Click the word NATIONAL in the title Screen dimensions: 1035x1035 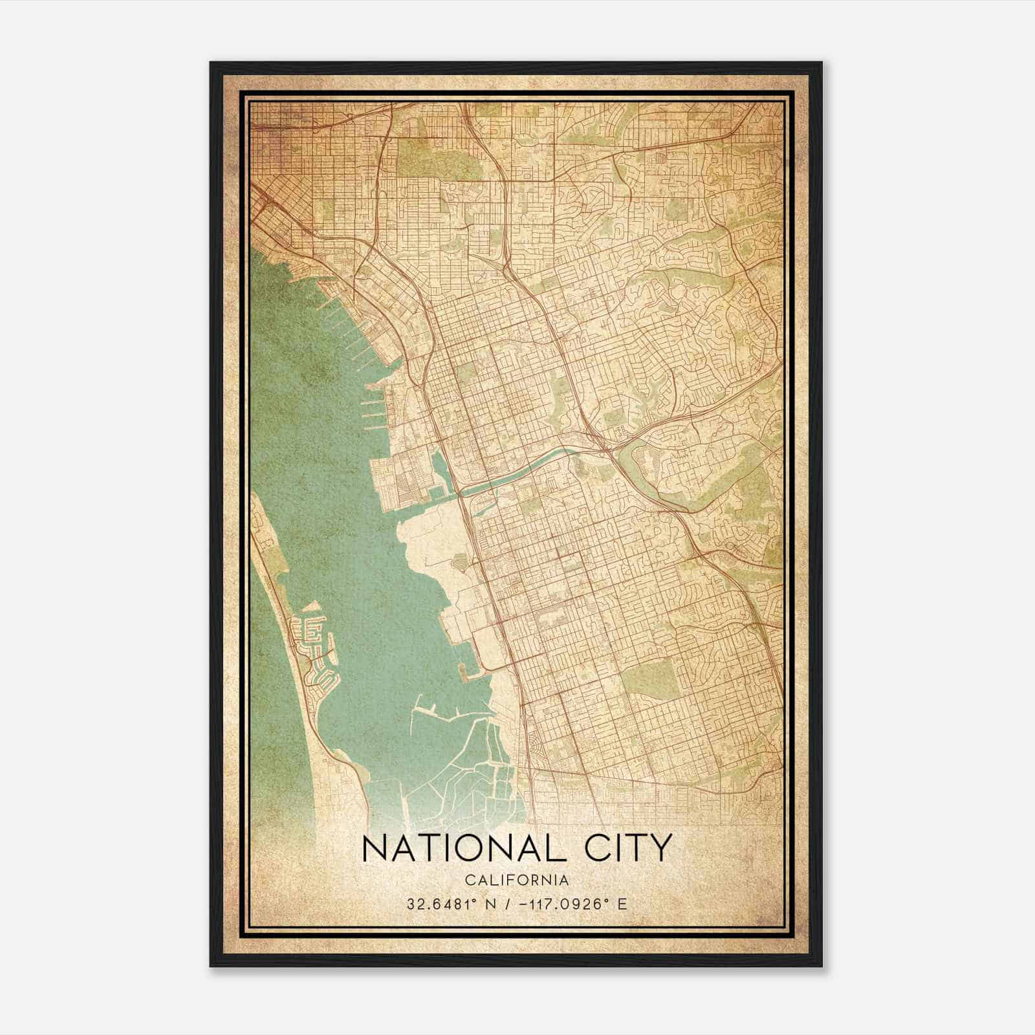[464, 849]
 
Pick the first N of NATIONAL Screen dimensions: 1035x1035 [375, 849]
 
